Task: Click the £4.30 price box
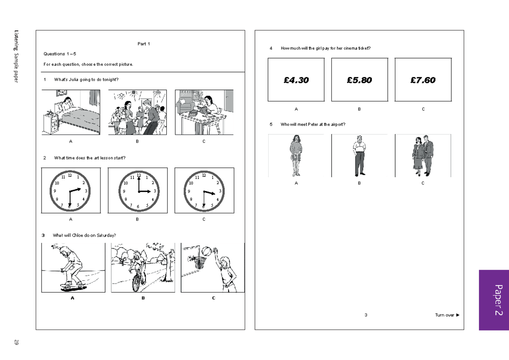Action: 296,80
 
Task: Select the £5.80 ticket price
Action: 359,80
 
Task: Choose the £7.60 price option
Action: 423,80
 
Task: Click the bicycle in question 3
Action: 138,280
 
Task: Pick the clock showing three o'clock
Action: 138,190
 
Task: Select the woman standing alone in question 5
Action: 296,155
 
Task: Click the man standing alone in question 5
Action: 359,155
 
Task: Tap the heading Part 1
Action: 144,44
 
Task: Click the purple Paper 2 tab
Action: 494,300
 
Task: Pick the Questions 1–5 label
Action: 59,54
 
